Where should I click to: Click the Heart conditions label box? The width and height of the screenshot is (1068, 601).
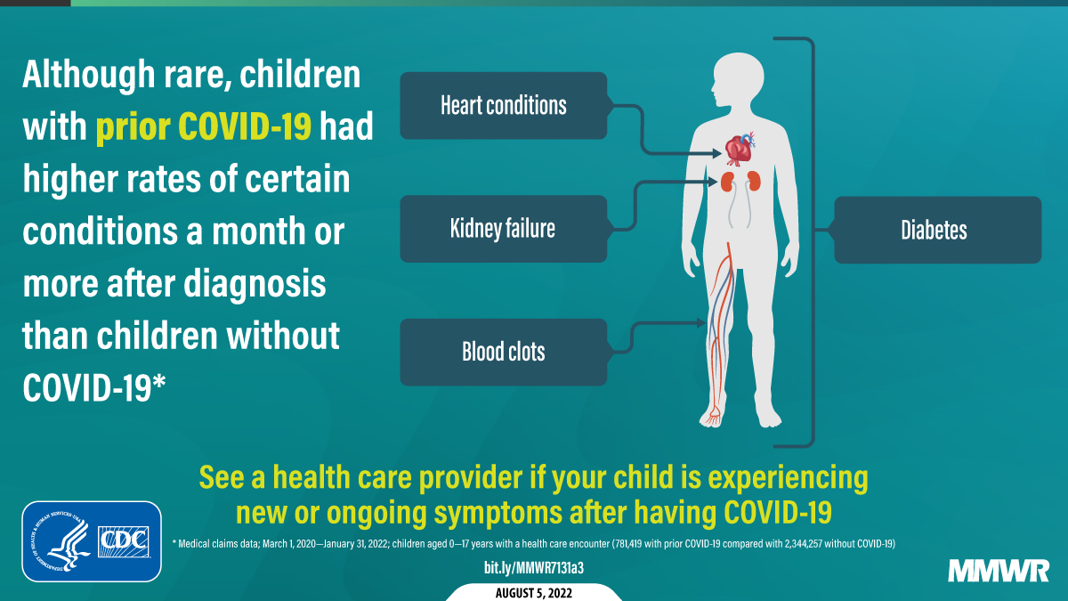click(x=503, y=105)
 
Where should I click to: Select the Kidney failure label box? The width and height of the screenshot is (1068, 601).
click(x=503, y=229)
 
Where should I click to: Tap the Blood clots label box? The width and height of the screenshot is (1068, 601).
click(x=503, y=352)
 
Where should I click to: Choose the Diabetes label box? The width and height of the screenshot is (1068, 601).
click(x=936, y=231)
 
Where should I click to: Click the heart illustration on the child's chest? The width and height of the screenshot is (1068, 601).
click(x=738, y=149)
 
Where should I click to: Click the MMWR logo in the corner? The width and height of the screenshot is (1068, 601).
click(x=999, y=571)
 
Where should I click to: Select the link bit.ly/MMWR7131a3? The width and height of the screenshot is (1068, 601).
click(x=533, y=567)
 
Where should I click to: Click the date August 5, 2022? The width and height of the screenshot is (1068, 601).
click(x=533, y=592)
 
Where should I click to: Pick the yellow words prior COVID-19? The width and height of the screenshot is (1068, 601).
click(x=204, y=128)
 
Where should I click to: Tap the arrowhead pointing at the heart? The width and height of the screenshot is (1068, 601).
click(x=718, y=153)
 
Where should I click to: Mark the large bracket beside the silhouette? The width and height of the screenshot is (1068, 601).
click(x=810, y=240)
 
